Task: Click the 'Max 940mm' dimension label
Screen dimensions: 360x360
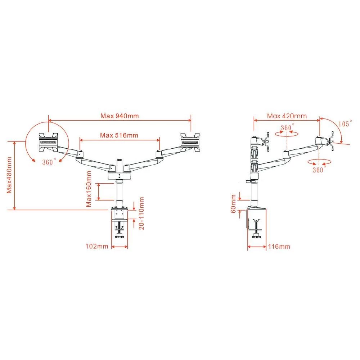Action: (x=119, y=116)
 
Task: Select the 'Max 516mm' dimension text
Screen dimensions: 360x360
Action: (x=119, y=135)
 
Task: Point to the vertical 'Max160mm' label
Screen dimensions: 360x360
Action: (x=89, y=189)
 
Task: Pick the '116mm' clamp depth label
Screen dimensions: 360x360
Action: (x=279, y=247)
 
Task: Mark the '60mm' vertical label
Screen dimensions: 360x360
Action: (x=234, y=204)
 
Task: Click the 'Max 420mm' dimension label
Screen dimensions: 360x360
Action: (x=287, y=116)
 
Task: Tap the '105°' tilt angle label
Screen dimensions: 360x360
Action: (x=345, y=123)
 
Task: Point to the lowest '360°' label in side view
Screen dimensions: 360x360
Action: (x=318, y=170)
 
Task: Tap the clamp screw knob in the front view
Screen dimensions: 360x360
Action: (x=120, y=237)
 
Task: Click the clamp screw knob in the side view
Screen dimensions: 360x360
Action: (x=256, y=237)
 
